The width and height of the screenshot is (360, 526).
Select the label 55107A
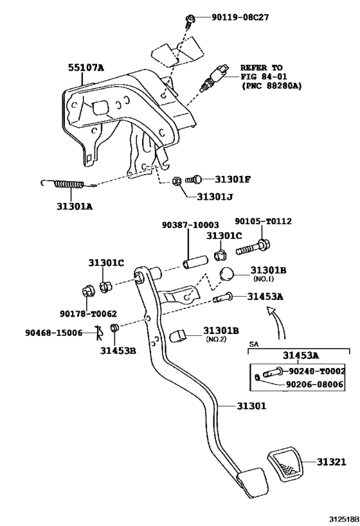(86, 67)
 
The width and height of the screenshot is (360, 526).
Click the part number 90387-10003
(190, 225)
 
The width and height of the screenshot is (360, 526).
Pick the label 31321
(330, 462)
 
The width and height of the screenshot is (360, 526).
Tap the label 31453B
(118, 350)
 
